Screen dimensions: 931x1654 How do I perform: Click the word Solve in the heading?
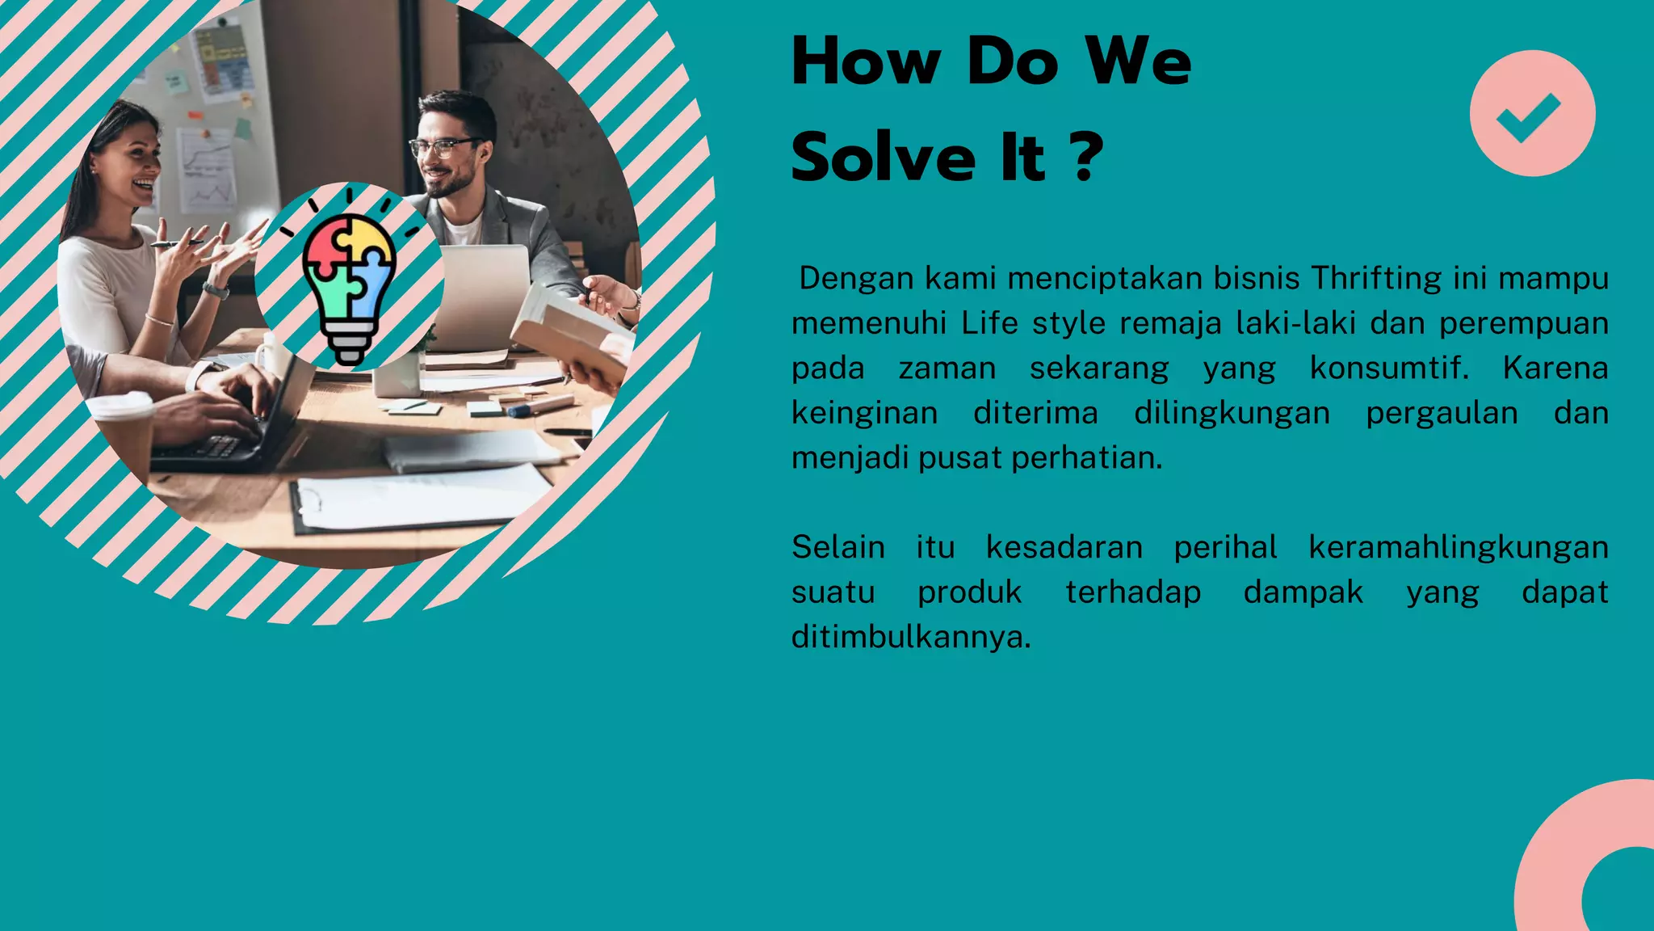pyautogui.click(x=884, y=157)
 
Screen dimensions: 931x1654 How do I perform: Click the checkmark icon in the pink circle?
pyautogui.click(x=1530, y=115)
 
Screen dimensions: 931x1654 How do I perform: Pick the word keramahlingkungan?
pyautogui.click(x=1458, y=548)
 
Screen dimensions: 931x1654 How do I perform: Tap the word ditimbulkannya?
pyautogui.click(x=910, y=638)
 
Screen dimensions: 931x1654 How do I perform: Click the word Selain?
pyautogui.click(x=837, y=548)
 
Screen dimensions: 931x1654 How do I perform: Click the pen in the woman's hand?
pyautogui.click(x=174, y=242)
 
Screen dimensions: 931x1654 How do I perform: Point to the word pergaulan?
pyautogui.click(x=1442, y=414)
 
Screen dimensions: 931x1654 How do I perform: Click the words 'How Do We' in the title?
pyautogui.click(x=991, y=61)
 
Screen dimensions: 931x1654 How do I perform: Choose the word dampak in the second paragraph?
pyautogui.click(x=1303, y=592)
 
